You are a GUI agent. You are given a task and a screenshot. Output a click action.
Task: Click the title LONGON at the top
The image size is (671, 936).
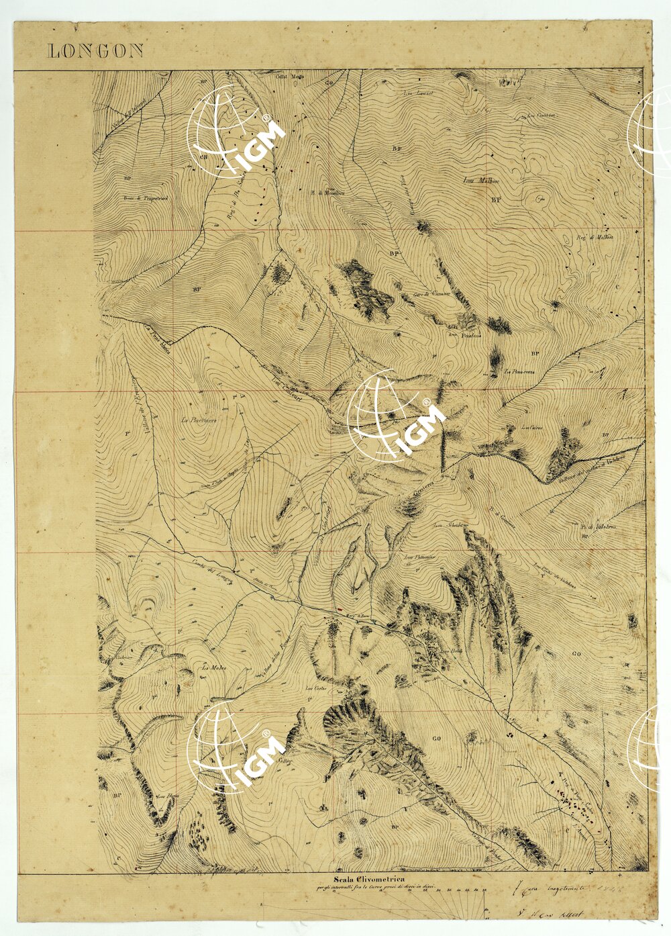tap(95, 51)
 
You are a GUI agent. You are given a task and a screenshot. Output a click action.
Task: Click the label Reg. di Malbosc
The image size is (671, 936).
tap(595, 237)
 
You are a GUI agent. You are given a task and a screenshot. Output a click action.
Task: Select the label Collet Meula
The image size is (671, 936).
tap(290, 76)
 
